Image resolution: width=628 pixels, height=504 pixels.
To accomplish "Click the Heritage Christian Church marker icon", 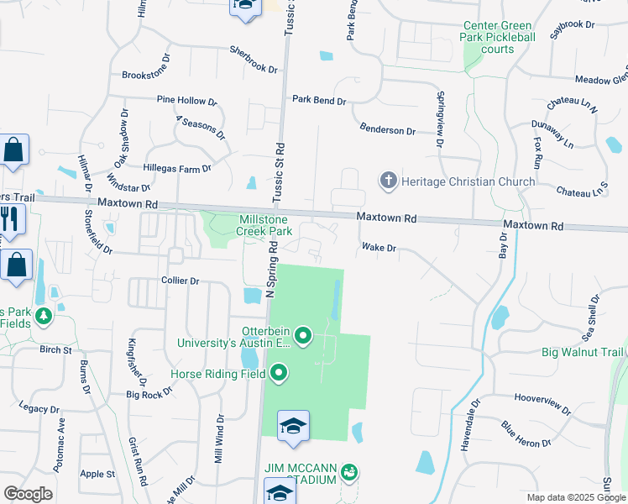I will point(388,181).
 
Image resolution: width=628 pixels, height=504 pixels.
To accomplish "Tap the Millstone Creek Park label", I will point(263,225).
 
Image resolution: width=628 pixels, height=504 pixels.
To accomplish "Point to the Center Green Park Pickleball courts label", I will point(499,38).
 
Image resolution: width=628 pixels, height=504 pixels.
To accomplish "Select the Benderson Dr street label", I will point(387,131).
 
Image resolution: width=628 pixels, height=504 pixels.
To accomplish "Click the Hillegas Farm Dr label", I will point(176,169).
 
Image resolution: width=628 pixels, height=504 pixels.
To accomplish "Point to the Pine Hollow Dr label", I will point(186,100).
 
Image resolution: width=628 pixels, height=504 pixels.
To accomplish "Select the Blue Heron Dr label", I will point(526,433).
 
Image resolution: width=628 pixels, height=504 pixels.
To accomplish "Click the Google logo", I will point(27,493).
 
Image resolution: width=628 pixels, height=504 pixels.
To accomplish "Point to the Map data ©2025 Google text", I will point(575,497).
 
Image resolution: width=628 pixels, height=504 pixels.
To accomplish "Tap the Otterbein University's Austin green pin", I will point(303,337).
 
